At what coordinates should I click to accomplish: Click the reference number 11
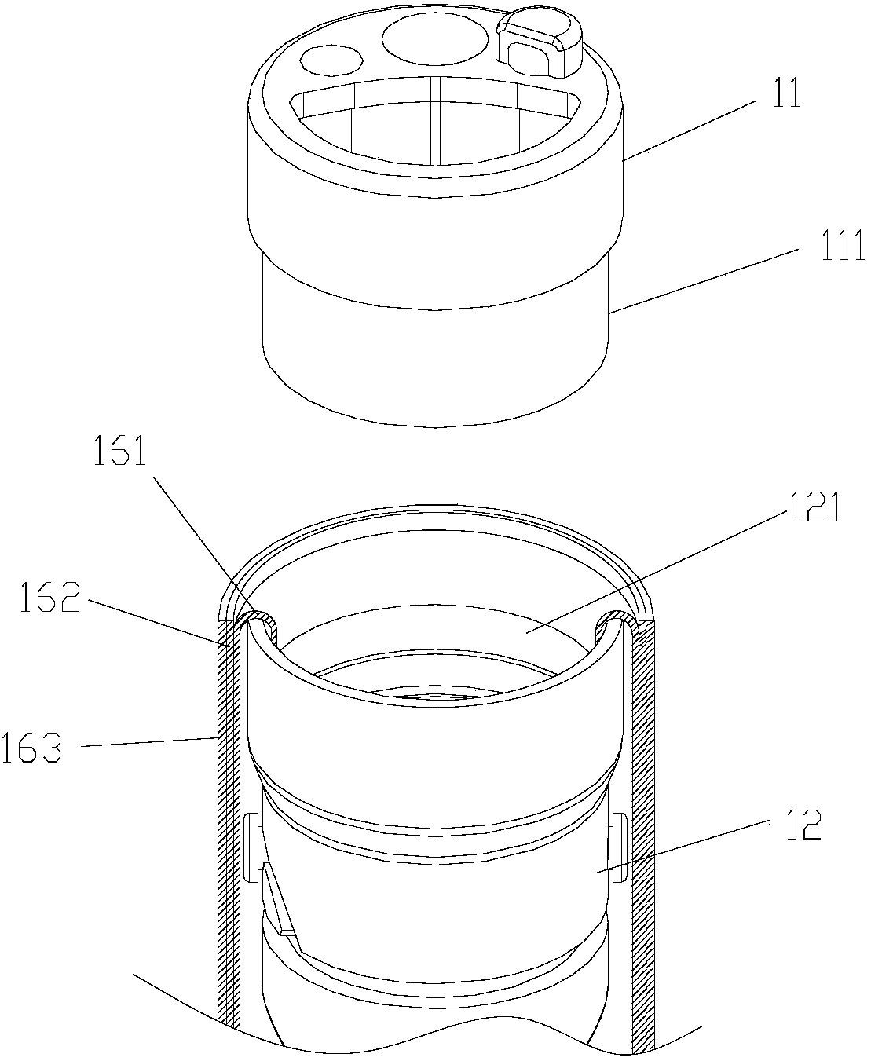(783, 95)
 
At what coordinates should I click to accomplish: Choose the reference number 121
(811, 510)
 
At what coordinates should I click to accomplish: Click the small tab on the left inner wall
(252, 847)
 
